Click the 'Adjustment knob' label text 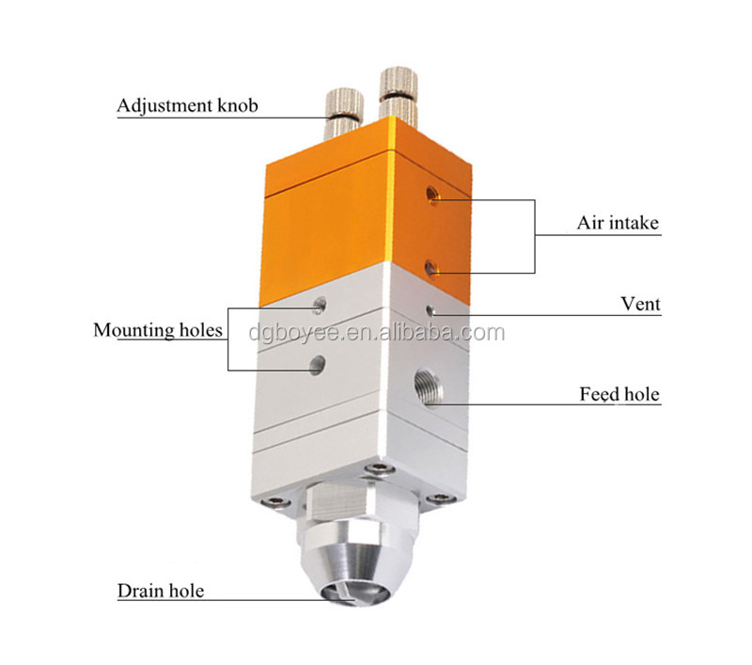point(187,106)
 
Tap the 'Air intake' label point(619,223)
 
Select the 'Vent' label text point(640,304)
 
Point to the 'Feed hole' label point(619,394)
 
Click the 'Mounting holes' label point(158,330)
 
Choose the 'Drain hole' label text point(161,591)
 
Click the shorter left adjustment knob point(344,113)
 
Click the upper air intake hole point(432,196)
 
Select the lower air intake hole point(431,269)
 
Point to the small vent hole point(431,310)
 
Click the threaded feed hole point(429,388)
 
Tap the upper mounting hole point(320,305)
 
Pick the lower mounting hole point(317,365)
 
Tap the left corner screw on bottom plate point(276,501)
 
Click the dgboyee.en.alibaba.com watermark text point(377,333)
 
